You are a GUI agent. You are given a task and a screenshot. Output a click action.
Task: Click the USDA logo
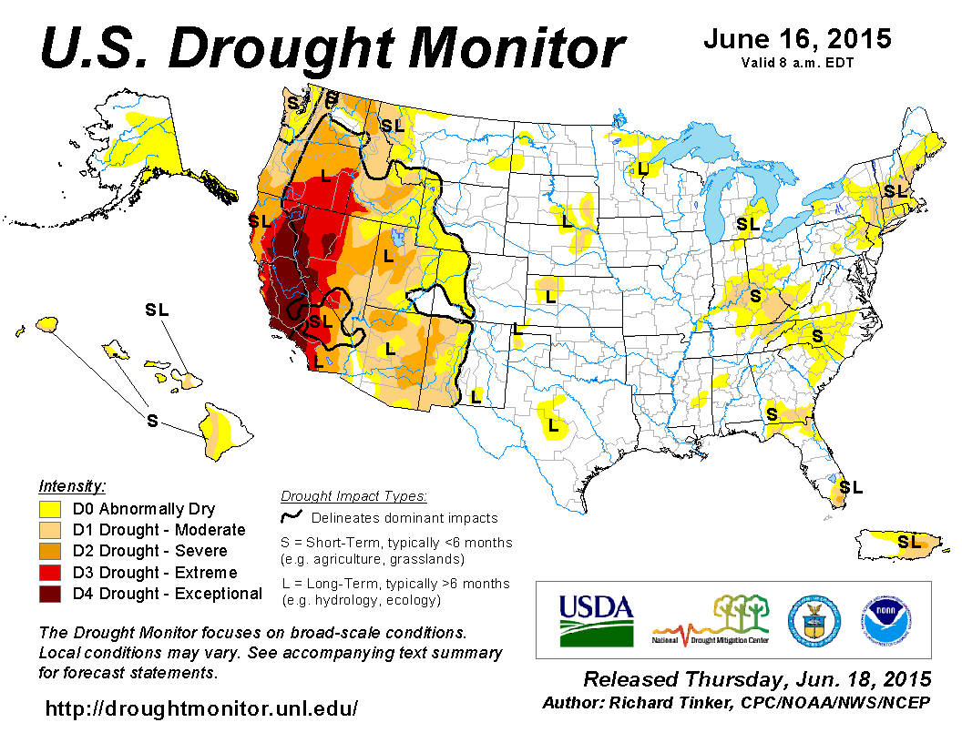(596, 620)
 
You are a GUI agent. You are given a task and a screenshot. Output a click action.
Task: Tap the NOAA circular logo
(881, 621)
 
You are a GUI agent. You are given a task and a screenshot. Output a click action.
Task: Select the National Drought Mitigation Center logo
(711, 619)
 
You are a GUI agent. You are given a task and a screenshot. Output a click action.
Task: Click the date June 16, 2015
(797, 40)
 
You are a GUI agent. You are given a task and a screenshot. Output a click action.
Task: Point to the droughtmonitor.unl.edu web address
(201, 707)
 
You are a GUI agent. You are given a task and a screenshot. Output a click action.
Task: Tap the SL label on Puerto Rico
(908, 542)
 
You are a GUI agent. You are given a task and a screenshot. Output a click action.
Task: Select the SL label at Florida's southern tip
(850, 487)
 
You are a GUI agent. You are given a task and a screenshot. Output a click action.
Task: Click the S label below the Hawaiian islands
(152, 420)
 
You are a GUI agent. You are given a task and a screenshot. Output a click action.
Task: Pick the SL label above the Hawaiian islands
(157, 310)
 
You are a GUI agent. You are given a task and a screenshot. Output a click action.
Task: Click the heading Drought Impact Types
(353, 496)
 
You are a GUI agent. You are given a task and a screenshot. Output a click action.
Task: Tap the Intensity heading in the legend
(72, 486)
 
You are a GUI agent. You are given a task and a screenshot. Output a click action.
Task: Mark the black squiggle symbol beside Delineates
(292, 517)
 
